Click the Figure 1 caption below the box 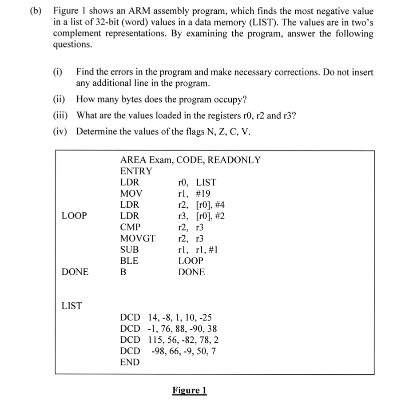(x=190, y=390)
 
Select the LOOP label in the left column (x=74, y=216)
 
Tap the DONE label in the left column (x=75, y=272)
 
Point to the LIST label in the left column (x=71, y=305)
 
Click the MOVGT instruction (x=138, y=238)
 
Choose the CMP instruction (x=130, y=227)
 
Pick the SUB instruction (x=129, y=250)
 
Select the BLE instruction (x=129, y=261)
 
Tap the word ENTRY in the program (x=136, y=171)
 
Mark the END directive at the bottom (x=130, y=362)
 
